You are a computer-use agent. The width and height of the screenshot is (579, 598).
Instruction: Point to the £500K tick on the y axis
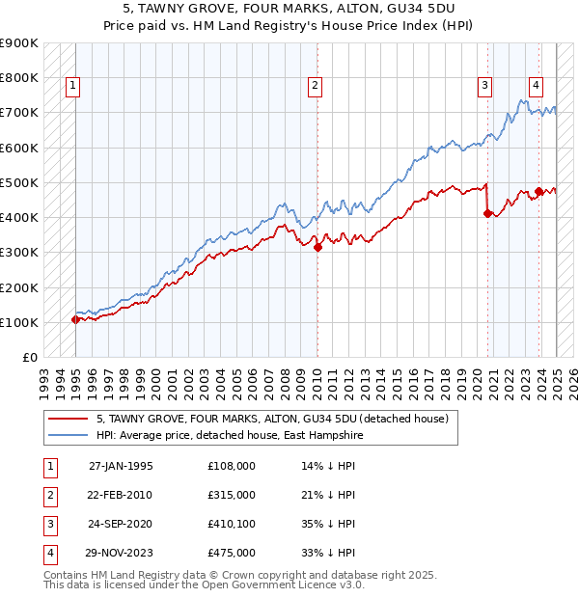pyautogui.click(x=18, y=182)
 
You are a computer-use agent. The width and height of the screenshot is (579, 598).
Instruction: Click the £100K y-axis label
pyautogui.click(x=18, y=322)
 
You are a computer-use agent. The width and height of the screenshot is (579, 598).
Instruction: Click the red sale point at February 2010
pyautogui.click(x=317, y=247)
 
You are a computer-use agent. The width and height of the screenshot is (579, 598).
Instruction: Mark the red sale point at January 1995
pyautogui.click(x=74, y=319)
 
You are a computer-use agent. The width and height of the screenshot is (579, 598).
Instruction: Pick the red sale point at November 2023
pyautogui.click(x=538, y=191)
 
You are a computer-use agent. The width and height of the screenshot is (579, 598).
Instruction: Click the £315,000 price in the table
pyautogui.click(x=232, y=495)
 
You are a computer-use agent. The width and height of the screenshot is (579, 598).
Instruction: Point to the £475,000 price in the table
pyautogui.click(x=232, y=553)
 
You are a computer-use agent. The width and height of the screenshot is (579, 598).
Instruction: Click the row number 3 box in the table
pyautogui.click(x=48, y=524)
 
